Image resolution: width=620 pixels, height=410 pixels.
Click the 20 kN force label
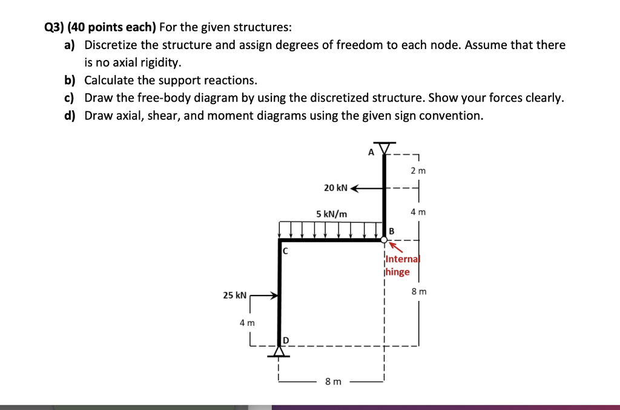pyautogui.click(x=335, y=188)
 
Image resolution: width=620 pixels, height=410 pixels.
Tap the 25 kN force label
pyautogui.click(x=234, y=296)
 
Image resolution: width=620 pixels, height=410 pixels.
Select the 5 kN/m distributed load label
pyautogui.click(x=332, y=214)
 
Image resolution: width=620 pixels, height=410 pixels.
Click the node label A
pyautogui.click(x=371, y=153)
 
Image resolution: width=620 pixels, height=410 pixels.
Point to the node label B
pyautogui.click(x=391, y=231)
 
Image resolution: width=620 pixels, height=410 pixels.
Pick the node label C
pyautogui.click(x=285, y=250)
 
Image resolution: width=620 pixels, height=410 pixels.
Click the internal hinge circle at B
pyautogui.click(x=384, y=240)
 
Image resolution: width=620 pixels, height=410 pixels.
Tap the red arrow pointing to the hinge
pyautogui.click(x=396, y=248)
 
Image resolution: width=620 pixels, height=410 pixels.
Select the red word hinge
pyautogui.click(x=397, y=272)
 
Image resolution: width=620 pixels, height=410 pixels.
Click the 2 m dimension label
pyautogui.click(x=418, y=171)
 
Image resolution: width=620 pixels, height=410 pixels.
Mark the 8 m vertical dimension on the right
pyautogui.click(x=418, y=291)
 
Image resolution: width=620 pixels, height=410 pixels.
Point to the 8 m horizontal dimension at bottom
pyautogui.click(x=333, y=382)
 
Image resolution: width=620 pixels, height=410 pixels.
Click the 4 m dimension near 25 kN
pyautogui.click(x=247, y=323)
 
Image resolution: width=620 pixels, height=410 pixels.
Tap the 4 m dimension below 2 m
pyautogui.click(x=418, y=212)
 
